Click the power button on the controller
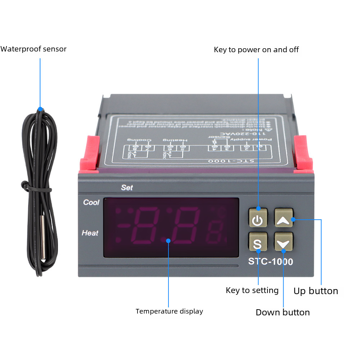pos(258,219)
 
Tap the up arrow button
pos(283,219)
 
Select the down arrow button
pos(283,242)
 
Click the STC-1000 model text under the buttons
pos(270,262)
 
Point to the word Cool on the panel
pos(91,202)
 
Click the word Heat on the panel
pos(90,233)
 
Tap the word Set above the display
pos(127,188)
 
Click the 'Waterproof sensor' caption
pos(33,49)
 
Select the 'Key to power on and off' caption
pos(256,50)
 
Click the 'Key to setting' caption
pos(252,290)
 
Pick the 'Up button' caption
pos(316,291)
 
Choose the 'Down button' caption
pos(283,312)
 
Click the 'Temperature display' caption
pos(169,311)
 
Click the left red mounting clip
pos(88,153)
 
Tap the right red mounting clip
pos(303,153)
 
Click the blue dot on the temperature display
pos(168,240)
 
